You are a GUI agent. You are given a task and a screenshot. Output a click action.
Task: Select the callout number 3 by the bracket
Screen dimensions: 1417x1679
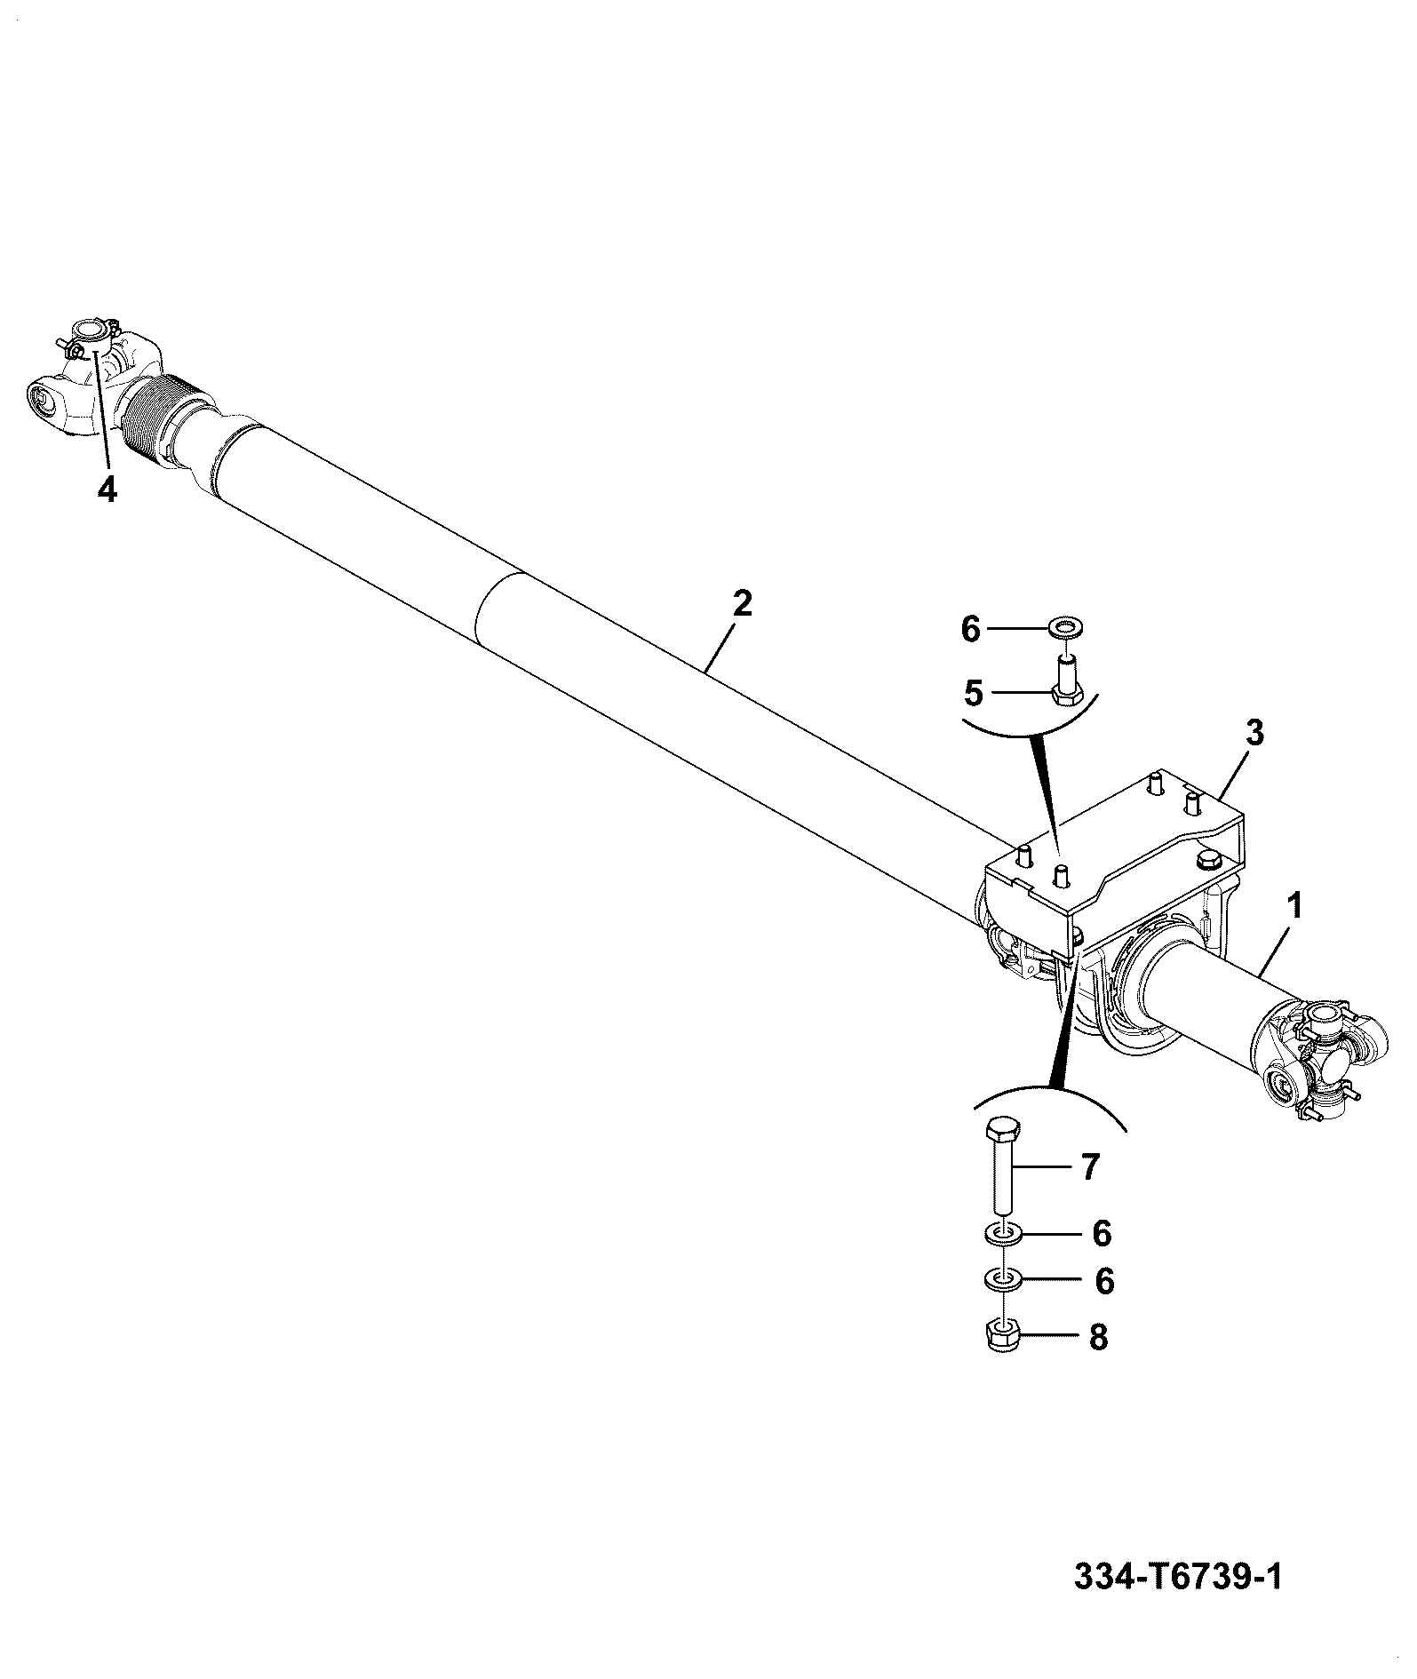(x=1255, y=734)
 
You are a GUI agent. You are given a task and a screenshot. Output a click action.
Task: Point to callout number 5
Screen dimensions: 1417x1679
(x=975, y=693)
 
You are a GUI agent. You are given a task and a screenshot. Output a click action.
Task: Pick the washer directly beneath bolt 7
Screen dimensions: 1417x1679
(x=1002, y=1233)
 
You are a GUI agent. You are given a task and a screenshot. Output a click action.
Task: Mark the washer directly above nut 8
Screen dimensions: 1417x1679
(x=1002, y=1280)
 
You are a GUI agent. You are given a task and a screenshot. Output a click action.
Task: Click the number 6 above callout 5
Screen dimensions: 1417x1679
(x=971, y=630)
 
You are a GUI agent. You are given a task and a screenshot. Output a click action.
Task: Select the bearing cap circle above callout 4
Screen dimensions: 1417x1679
(x=89, y=331)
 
